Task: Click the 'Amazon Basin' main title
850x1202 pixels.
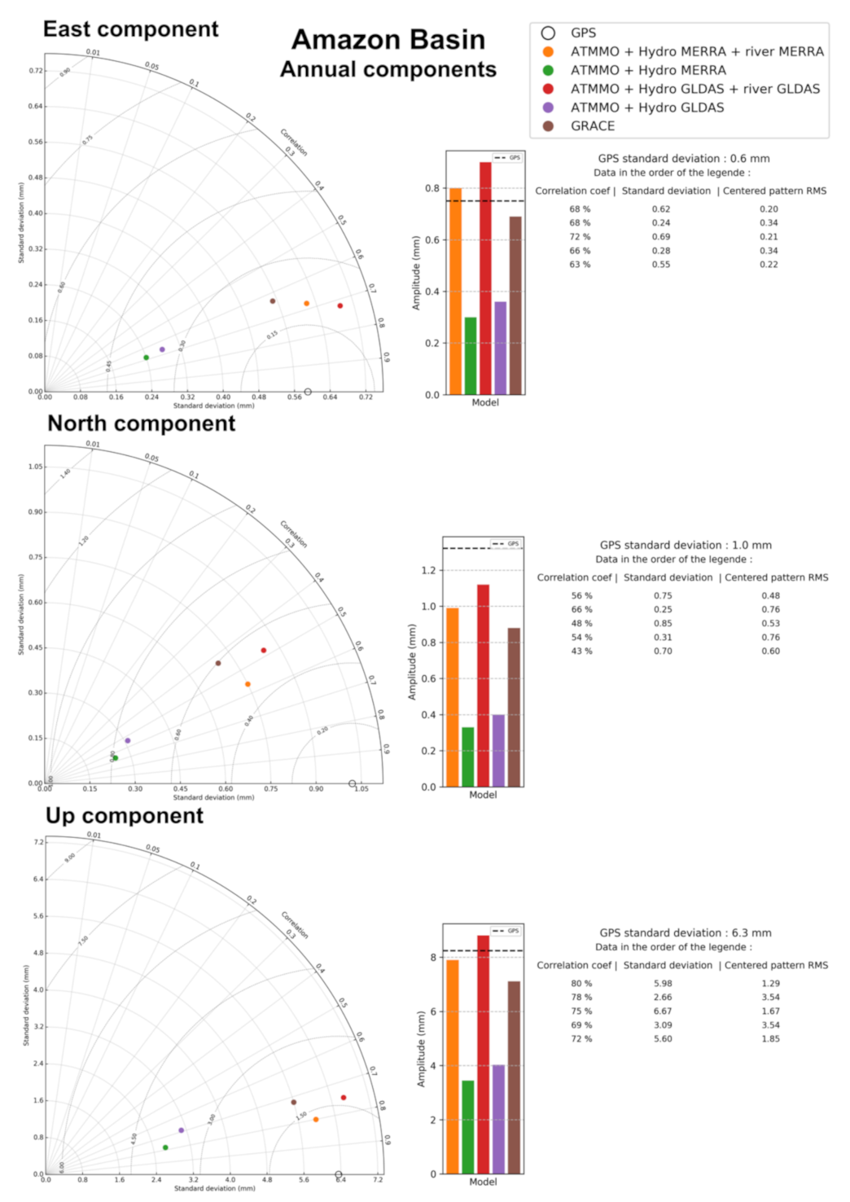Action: [x=388, y=40]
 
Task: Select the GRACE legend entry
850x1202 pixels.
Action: [x=592, y=126]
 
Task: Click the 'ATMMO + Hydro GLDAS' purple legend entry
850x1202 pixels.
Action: [x=646, y=107]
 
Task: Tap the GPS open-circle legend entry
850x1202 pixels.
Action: [x=583, y=33]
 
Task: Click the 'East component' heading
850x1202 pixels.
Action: [x=130, y=29]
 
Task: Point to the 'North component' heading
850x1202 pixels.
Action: [x=141, y=423]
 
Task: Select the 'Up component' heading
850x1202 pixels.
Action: [x=125, y=816]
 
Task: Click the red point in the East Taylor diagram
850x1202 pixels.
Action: [x=340, y=306]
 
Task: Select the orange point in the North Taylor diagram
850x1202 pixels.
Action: [x=248, y=684]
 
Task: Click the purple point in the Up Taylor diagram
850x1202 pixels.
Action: [x=181, y=1130]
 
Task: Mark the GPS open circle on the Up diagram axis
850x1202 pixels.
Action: [x=339, y=1175]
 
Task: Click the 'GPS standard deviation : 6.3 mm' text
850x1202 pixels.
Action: [x=685, y=933]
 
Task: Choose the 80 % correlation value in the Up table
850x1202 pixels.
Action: [x=581, y=984]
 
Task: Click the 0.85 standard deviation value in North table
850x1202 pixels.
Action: [x=663, y=624]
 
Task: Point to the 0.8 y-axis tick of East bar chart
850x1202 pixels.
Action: [x=432, y=188]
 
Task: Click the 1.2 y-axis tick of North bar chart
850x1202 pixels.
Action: [x=428, y=570]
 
